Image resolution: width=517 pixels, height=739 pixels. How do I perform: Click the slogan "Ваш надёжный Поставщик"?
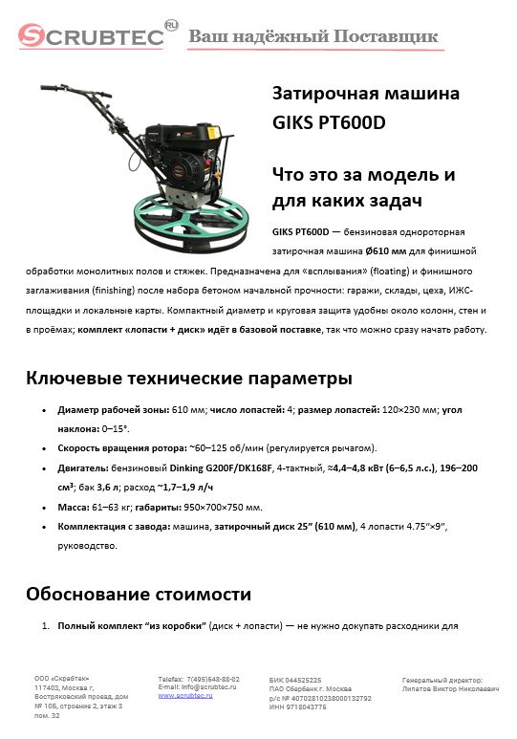coord(312,36)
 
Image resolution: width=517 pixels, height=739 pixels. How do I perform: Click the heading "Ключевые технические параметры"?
coord(182,379)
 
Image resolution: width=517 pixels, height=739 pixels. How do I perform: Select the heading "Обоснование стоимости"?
coord(139,595)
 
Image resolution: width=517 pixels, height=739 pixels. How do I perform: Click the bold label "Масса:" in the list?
coord(77,507)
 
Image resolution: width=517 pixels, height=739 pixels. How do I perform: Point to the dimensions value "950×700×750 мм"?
coord(221,507)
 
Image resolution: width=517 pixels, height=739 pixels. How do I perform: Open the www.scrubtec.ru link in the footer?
coord(184,696)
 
